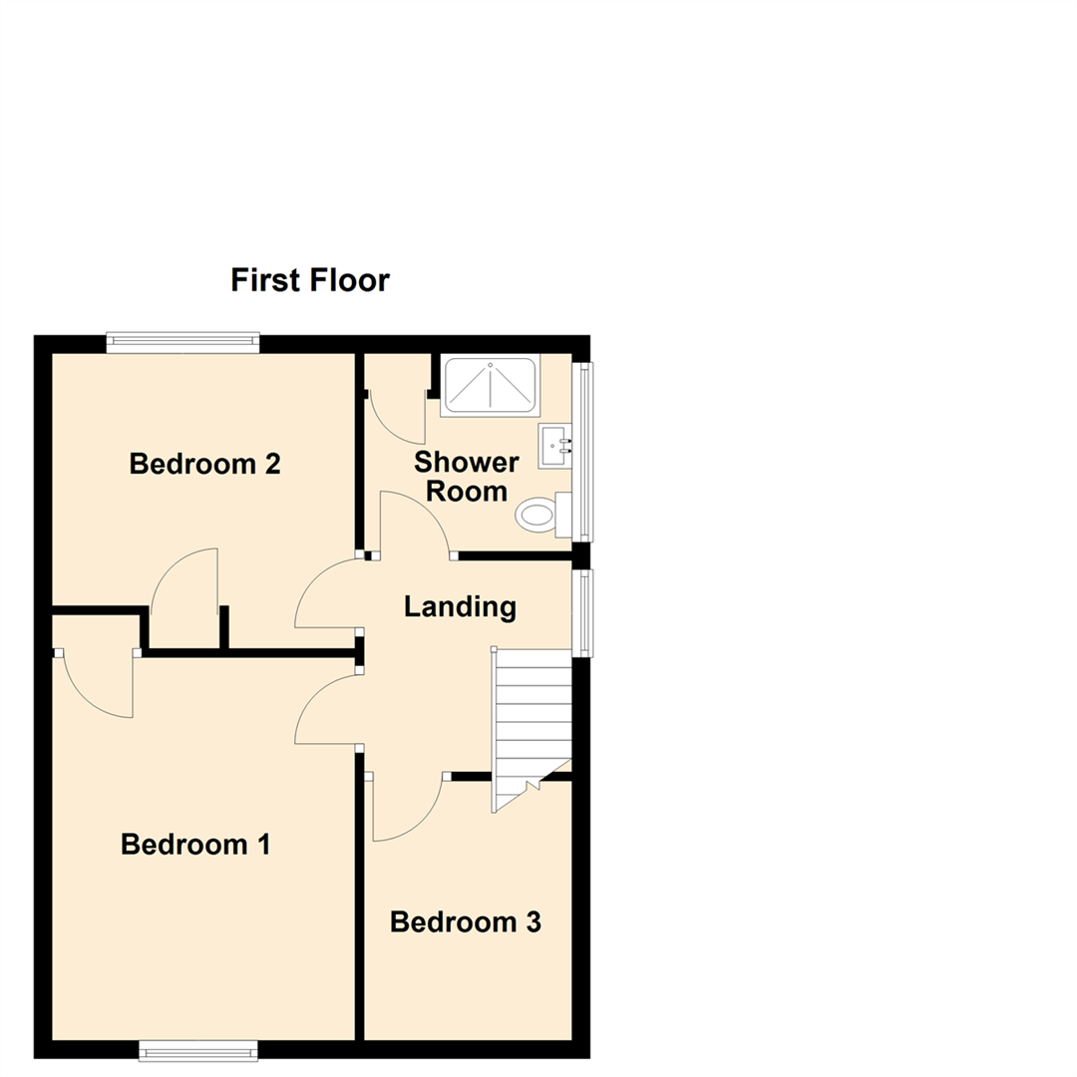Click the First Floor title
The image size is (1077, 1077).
(x=309, y=280)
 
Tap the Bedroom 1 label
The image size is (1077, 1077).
(x=195, y=845)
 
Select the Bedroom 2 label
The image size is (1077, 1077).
(x=204, y=464)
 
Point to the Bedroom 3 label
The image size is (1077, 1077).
(x=465, y=922)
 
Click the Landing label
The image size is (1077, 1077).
(x=460, y=606)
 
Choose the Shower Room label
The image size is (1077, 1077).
(x=467, y=477)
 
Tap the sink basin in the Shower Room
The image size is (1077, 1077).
(x=553, y=446)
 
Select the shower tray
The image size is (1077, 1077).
(x=490, y=385)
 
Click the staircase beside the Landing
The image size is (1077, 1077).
(x=532, y=718)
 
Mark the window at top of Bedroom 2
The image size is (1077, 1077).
(x=182, y=342)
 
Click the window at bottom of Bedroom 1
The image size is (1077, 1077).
(x=197, y=1049)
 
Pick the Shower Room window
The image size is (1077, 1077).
(x=581, y=451)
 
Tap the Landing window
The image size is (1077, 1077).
(x=581, y=612)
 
